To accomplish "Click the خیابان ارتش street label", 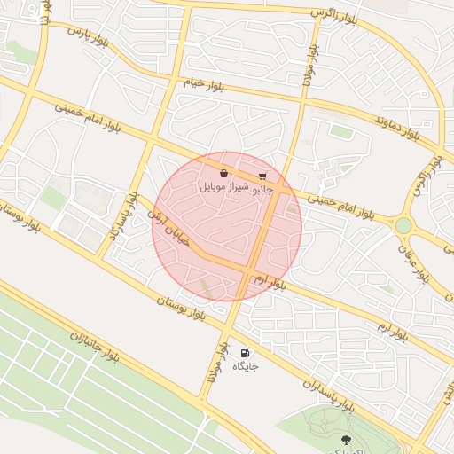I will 168,227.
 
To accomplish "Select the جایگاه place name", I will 246,366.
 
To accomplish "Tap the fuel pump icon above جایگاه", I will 246,352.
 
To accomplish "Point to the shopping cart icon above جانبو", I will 262,176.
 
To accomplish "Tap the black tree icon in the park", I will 346,440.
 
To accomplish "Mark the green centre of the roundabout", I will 403,225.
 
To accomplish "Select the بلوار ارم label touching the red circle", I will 269,282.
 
